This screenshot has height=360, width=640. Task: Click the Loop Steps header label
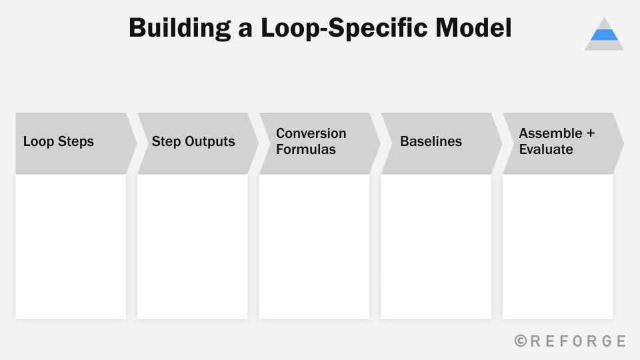pos(59,141)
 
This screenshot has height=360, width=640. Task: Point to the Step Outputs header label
pos(193,141)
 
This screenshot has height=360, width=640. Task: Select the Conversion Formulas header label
pos(311,141)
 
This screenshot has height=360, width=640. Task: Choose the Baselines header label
pos(431,141)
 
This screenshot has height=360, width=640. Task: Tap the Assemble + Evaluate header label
pos(556,141)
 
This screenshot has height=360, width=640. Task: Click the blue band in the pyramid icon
pos(604,35)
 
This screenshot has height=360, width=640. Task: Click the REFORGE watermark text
pos(577,341)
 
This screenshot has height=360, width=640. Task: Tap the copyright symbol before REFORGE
pos(521,341)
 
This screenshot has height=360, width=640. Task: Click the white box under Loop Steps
pos(71,247)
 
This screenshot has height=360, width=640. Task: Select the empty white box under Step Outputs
pos(193,247)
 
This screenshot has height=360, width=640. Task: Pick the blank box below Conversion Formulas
pos(314,247)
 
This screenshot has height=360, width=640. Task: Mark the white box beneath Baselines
pos(436,247)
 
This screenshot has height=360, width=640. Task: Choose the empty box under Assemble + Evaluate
pos(557,247)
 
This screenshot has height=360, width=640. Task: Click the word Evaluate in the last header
pos(546,149)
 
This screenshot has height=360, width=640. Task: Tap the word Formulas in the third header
pos(306,149)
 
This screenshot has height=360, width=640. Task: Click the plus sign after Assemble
pos(590,133)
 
